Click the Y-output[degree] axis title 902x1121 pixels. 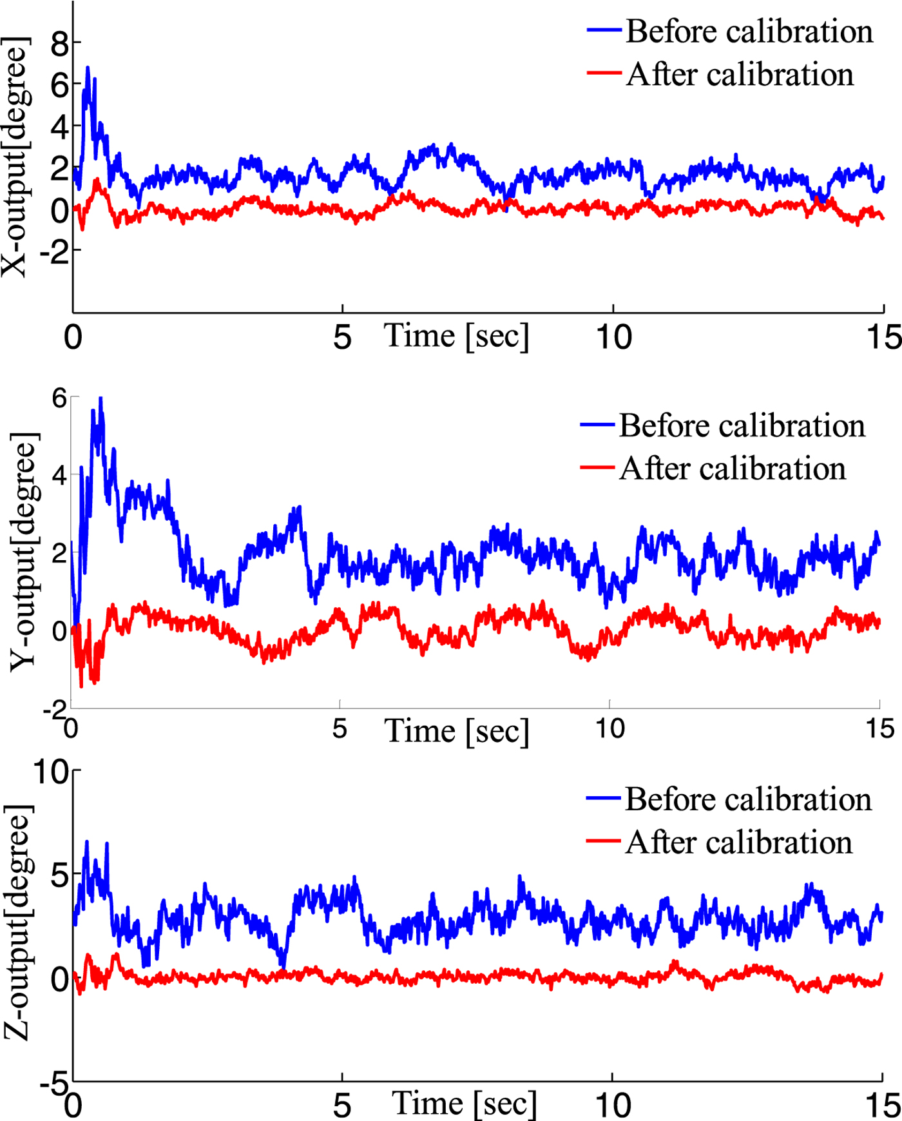point(24,551)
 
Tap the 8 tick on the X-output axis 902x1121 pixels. point(60,44)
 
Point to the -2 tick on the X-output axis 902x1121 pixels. point(54,252)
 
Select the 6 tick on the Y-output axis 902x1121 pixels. point(60,398)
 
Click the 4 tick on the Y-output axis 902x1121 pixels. point(60,476)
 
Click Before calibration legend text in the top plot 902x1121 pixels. point(749,32)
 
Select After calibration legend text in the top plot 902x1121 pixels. point(740,75)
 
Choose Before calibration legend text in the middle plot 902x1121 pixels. point(742,426)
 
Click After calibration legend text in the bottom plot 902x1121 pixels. point(738,843)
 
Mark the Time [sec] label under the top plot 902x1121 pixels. point(456,336)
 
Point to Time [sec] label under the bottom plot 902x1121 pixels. point(464,1104)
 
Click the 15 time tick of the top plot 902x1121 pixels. point(883,338)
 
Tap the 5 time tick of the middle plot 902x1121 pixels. point(340,729)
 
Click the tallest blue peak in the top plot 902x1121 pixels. point(88,67)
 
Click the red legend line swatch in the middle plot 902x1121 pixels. point(597,467)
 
